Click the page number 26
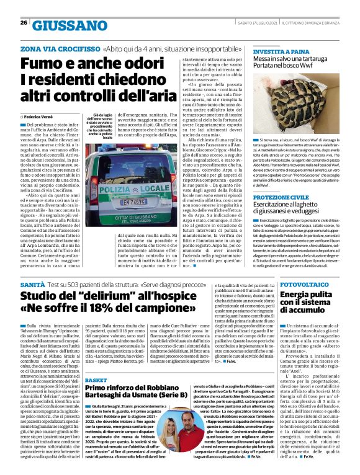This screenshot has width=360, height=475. (23, 23)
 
